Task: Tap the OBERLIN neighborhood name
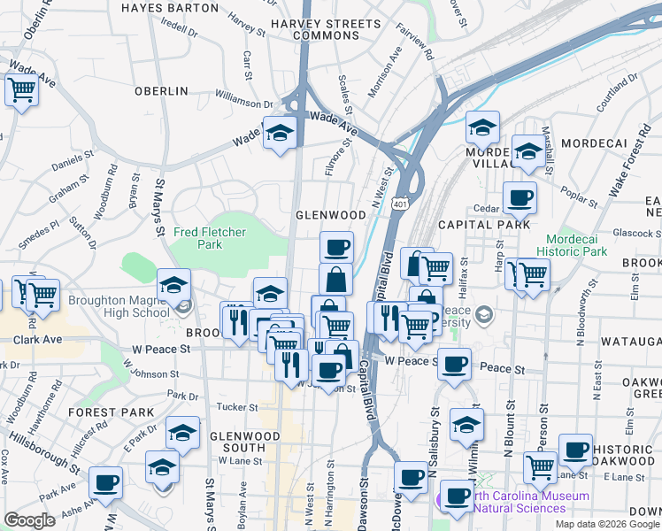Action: tap(161, 91)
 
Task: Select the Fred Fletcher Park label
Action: tap(209, 237)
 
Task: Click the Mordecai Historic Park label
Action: tap(576, 245)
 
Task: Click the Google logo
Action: tap(30, 520)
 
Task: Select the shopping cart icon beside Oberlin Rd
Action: tap(21, 89)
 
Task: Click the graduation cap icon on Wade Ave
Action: tap(280, 133)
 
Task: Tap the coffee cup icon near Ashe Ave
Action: tap(105, 482)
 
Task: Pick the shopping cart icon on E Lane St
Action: tap(540, 466)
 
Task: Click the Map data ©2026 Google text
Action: tap(606, 524)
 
